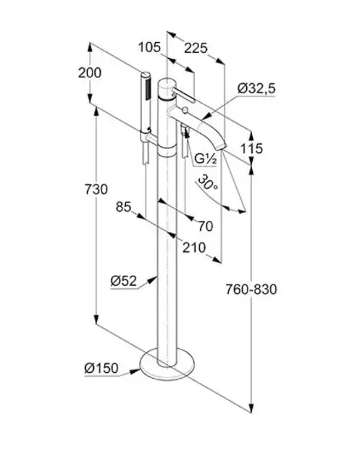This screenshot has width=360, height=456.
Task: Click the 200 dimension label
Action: (90, 72)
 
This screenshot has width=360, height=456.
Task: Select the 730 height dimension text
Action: (96, 190)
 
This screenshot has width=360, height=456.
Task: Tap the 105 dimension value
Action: (149, 47)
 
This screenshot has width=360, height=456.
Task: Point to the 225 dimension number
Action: (196, 48)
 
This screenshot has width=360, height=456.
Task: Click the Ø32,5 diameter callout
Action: (256, 88)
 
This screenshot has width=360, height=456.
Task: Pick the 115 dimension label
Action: (251, 148)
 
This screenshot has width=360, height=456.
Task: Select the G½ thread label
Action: (206, 159)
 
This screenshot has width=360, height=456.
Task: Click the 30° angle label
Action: (207, 183)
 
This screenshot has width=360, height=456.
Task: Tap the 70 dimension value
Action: (206, 227)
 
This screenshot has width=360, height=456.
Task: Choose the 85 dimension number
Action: (124, 207)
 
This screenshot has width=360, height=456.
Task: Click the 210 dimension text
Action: (194, 248)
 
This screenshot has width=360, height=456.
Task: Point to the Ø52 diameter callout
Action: (124, 281)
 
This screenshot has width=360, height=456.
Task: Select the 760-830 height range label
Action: (251, 290)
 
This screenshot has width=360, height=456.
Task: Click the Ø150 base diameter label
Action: (101, 368)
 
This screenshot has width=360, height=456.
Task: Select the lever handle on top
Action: (183, 96)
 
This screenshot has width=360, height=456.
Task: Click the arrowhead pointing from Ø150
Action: (135, 371)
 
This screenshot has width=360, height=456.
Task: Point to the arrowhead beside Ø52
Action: (152, 280)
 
